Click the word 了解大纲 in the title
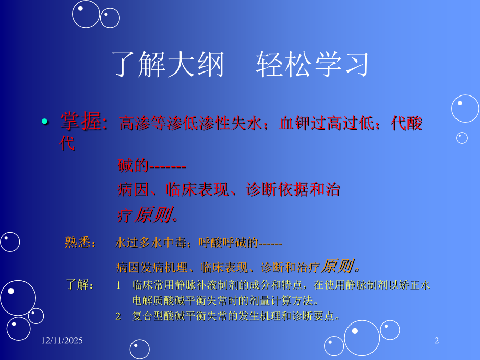pos(168,65)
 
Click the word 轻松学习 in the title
pos(313,65)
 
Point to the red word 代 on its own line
pos(67,143)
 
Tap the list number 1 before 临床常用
pos(118,285)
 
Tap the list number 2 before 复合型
pos(118,316)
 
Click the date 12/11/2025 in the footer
pos(62,341)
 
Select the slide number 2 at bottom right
pos(437,341)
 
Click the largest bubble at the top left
pos(86,14)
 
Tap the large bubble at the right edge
pos(465,109)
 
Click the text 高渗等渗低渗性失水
pos(190,124)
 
